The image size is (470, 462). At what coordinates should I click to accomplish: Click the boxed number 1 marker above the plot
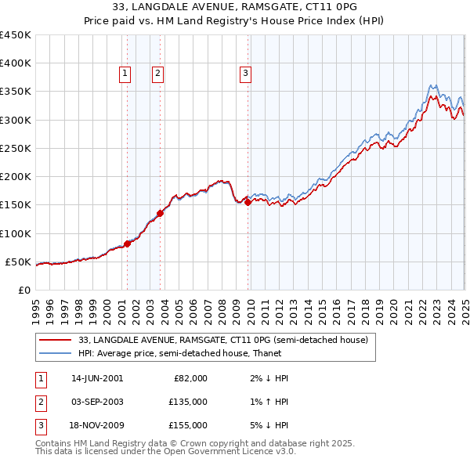[125, 74]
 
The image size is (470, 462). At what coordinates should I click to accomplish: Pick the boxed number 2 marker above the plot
[157, 74]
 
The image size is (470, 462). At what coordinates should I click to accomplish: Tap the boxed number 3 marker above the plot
[245, 74]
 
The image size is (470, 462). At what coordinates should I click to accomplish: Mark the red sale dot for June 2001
[127, 244]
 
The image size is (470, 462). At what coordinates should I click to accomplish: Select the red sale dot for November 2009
[248, 202]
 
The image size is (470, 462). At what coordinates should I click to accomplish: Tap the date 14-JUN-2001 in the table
[97, 378]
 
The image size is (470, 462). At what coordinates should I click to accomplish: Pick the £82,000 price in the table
[190, 378]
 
